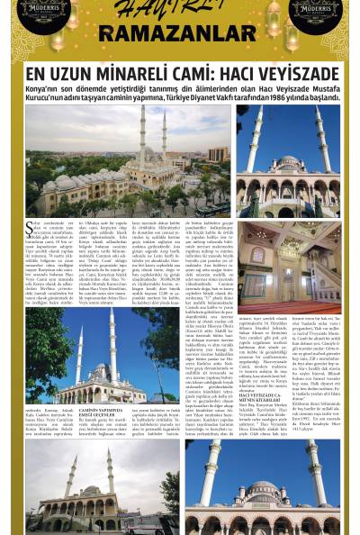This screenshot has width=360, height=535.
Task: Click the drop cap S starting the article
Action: (29, 224)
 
